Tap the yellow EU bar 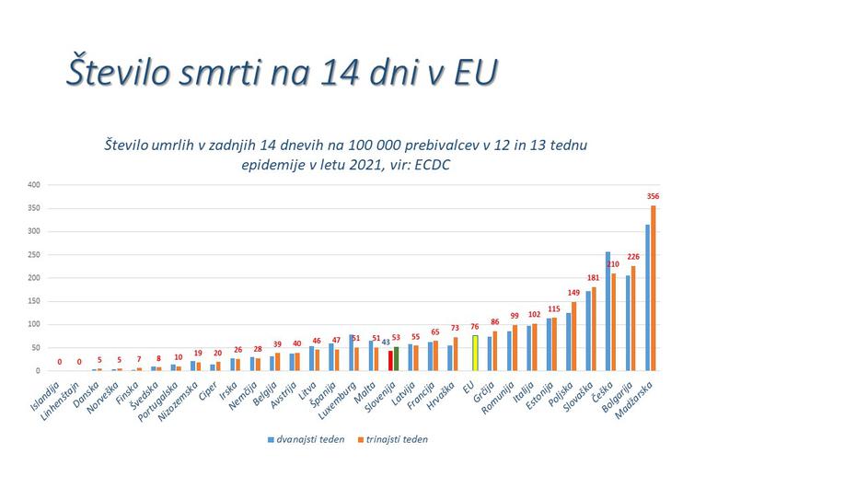click(475, 353)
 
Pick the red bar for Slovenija click(390, 360)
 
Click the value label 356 click(654, 196)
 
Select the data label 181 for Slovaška click(594, 277)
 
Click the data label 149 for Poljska click(574, 293)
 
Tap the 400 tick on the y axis click(32, 184)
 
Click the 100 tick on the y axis click(32, 324)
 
